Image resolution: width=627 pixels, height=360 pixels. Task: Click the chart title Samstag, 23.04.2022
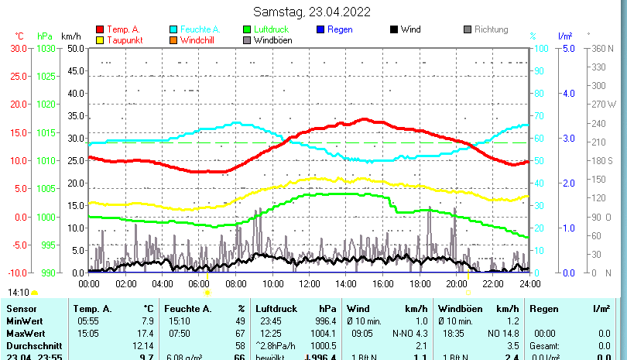(312, 12)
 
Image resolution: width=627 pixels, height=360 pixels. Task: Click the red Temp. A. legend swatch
(100, 29)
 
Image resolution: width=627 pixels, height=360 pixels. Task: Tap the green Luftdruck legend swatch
(247, 29)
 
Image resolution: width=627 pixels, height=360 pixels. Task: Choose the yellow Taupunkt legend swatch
(100, 39)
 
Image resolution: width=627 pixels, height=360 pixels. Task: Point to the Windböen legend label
(272, 39)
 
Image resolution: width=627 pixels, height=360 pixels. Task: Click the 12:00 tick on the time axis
(309, 283)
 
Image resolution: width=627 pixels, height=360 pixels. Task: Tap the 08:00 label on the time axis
(235, 283)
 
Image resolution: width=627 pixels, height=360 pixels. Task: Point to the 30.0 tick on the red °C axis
(19, 48)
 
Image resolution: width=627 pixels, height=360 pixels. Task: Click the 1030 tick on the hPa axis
(46, 48)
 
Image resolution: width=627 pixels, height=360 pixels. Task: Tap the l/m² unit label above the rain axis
(565, 36)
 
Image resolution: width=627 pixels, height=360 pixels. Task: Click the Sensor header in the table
(21, 309)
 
